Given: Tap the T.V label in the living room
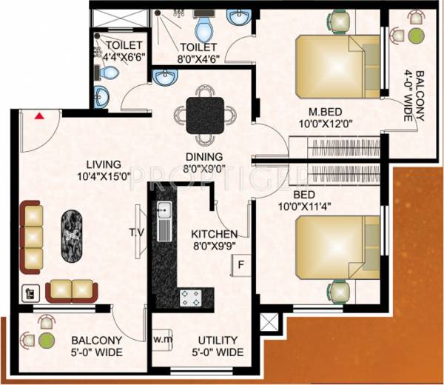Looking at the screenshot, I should pyautogui.click(x=136, y=233).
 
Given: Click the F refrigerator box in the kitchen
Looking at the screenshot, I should pyautogui.click(x=240, y=264).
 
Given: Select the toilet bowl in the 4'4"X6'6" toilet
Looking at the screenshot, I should pyautogui.click(x=109, y=72).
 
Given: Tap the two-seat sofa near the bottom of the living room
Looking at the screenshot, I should pyautogui.click(x=71, y=291).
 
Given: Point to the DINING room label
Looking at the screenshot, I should pyautogui.click(x=204, y=156).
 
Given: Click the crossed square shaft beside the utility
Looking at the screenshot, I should pyautogui.click(x=272, y=323).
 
